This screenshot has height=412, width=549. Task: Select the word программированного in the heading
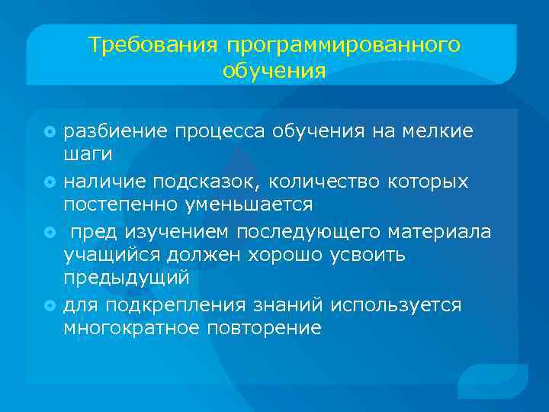pos(342,46)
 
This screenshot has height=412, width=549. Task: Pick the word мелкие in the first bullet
pos(445,131)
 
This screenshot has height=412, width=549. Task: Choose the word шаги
pos(88,155)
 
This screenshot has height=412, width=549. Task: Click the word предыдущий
pos(126,280)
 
